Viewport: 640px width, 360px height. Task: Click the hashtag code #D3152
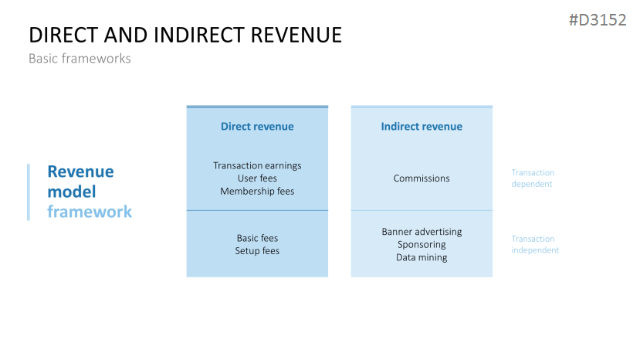597,21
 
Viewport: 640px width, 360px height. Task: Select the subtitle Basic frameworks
80,59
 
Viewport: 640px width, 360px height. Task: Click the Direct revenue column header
257,127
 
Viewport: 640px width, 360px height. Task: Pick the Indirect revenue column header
422,127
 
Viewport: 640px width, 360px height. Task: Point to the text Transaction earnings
257,165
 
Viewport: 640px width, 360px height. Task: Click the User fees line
257,178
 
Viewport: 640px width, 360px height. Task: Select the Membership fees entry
257,191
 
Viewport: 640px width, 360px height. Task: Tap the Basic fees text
257,238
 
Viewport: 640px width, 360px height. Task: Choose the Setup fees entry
257,251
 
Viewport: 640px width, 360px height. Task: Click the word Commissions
422,178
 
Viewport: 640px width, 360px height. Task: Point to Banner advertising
422,232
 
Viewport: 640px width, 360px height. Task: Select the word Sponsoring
422,245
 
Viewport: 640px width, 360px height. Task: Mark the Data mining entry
422,257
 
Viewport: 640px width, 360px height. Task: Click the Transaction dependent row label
533,178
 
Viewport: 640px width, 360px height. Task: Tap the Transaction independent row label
535,244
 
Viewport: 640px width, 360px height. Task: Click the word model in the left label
71,192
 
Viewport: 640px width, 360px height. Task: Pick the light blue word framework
89,212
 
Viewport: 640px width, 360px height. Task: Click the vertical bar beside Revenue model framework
29,192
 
